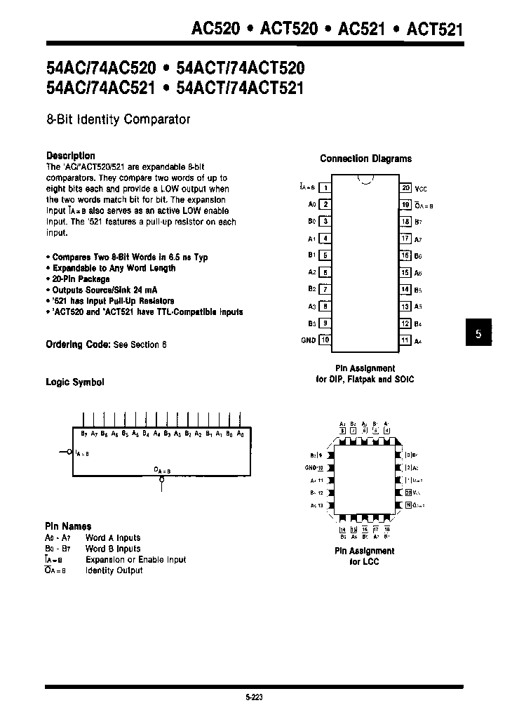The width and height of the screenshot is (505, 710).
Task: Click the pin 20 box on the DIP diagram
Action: pos(405,188)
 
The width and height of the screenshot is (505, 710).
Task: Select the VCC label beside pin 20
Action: pos(421,189)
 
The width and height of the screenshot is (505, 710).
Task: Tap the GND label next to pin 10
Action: pos(307,340)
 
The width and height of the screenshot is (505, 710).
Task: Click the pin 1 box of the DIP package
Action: pos(325,187)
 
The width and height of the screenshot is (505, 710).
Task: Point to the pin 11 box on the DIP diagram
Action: pos(405,340)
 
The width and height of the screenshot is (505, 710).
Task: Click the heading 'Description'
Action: pos(70,156)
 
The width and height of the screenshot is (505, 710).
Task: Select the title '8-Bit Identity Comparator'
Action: pos(118,120)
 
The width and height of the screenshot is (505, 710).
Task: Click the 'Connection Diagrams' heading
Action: pos(365,159)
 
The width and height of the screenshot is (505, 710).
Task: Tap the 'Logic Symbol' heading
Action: pos(74,382)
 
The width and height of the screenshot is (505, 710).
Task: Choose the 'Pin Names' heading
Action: pos(68,526)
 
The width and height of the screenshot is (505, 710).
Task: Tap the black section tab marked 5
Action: pos(478,335)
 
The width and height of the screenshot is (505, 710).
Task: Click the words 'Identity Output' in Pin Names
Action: pos(114,571)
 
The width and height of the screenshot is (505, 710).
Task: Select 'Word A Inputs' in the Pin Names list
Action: pos(112,538)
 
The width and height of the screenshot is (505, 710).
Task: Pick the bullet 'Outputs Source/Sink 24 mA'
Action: pos(99,290)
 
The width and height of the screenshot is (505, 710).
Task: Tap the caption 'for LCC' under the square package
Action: pos(364,562)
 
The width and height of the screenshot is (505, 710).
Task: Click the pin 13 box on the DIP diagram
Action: pos(405,307)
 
